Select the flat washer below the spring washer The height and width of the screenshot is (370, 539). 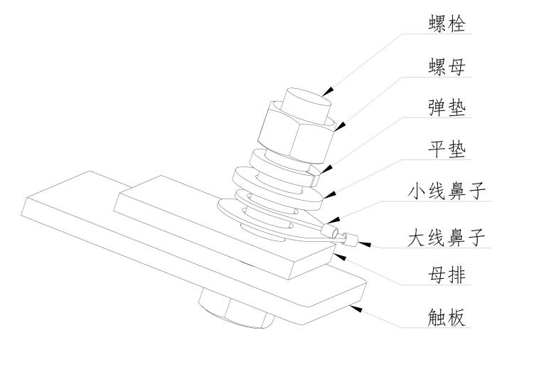point(277,185)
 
